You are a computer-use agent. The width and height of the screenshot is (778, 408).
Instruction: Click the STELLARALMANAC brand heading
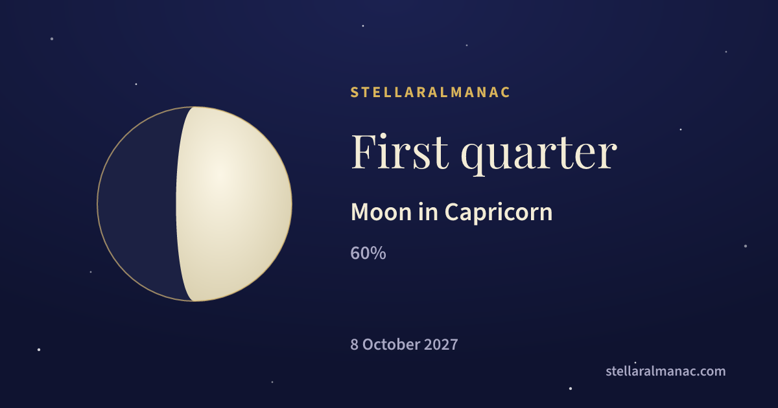tap(430, 92)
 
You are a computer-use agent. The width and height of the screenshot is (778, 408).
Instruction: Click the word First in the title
tap(400, 152)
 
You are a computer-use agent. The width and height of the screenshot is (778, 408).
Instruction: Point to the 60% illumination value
tap(368, 253)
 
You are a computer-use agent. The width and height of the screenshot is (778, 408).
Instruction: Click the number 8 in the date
tap(354, 345)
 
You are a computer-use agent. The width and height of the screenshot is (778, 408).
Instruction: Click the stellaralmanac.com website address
tap(665, 371)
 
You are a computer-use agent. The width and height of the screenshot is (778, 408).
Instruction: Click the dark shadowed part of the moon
tap(139, 204)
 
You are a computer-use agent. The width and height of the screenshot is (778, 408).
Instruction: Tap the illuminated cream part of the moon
tap(233, 204)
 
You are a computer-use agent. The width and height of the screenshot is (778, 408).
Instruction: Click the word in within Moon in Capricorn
tap(428, 212)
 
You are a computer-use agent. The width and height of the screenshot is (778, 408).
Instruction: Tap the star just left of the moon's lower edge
tap(91, 272)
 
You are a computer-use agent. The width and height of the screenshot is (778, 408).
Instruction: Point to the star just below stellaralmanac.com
tap(571, 388)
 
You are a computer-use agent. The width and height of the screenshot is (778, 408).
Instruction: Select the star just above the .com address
tap(635, 363)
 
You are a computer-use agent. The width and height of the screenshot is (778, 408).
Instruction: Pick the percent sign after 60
tap(378, 253)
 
